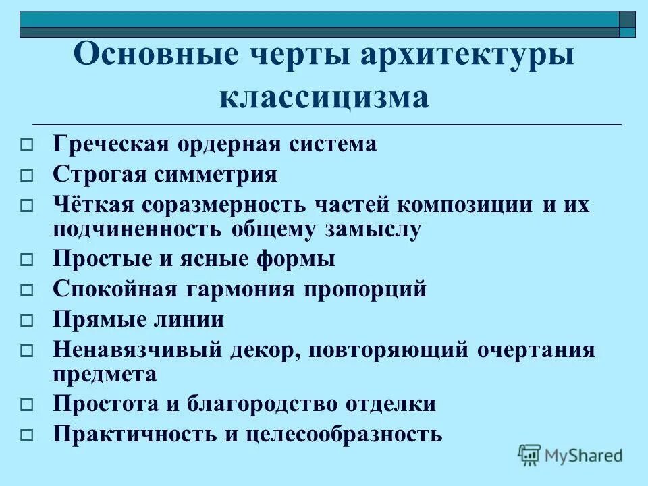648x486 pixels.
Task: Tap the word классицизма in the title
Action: click(x=325, y=98)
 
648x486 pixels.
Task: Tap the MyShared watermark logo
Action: click(x=570, y=454)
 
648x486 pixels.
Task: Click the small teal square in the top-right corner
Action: click(x=627, y=32)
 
